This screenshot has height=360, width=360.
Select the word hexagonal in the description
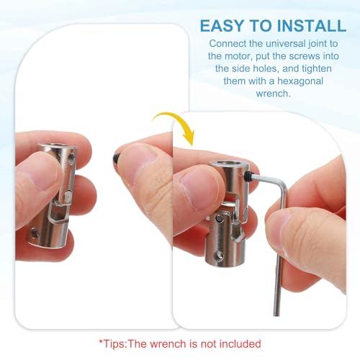300,81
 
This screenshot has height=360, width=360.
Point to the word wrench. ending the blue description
273,94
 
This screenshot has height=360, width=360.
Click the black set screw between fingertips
116,158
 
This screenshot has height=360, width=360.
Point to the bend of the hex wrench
283,184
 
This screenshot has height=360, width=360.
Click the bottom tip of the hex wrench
276,315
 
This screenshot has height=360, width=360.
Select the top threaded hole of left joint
71,158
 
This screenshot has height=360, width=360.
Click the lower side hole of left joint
35,233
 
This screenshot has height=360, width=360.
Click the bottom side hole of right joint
220,256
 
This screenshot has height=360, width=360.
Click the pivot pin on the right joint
219,218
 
